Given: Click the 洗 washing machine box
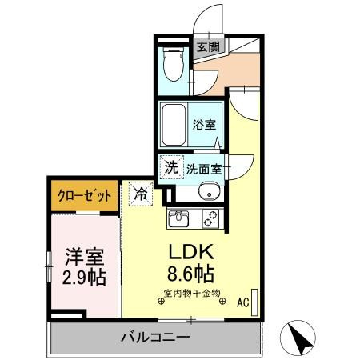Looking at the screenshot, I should click(170, 168).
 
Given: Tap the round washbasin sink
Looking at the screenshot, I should click(207, 192).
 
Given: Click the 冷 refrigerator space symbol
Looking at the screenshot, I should click(139, 194).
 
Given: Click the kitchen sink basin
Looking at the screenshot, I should click(178, 218).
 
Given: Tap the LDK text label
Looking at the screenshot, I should click(190, 250).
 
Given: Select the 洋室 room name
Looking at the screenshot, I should click(84, 259).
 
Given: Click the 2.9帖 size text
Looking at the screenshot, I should click(84, 279).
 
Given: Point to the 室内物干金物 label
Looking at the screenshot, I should click(191, 294).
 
